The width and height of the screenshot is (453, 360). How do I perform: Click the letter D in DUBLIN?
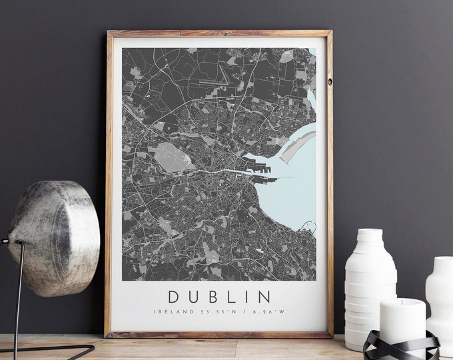tap(174, 295)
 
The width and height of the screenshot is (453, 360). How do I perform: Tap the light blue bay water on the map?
tap(297, 193)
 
